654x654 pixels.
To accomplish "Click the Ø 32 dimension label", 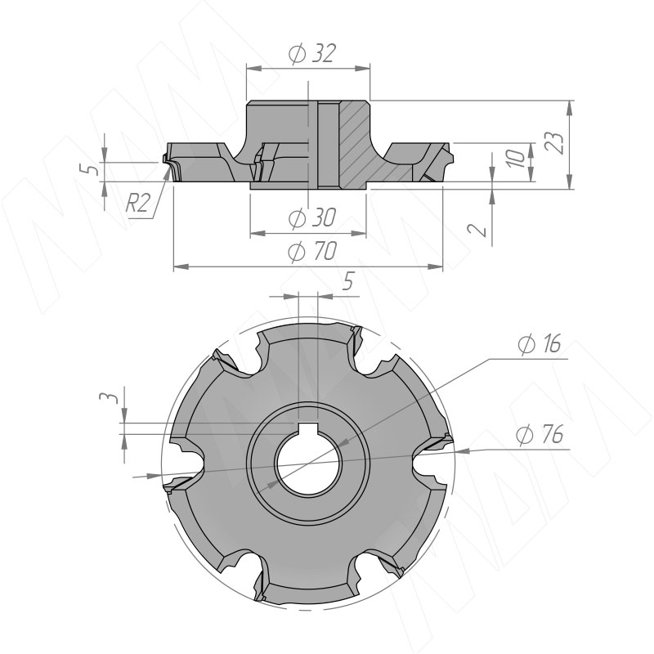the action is [312, 53].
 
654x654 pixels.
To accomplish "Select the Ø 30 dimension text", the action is [312, 217].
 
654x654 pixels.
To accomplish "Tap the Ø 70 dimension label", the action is [312, 251].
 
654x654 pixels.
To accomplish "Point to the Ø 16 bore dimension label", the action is [539, 344].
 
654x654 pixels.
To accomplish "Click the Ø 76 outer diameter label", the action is [539, 435].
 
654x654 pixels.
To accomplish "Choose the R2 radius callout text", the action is [137, 204].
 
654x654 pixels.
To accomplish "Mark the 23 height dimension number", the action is [555, 143].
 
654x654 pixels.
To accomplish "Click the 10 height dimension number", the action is [517, 159].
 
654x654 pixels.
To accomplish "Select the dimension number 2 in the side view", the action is [477, 230].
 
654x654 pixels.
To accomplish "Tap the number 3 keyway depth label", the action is [107, 396].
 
